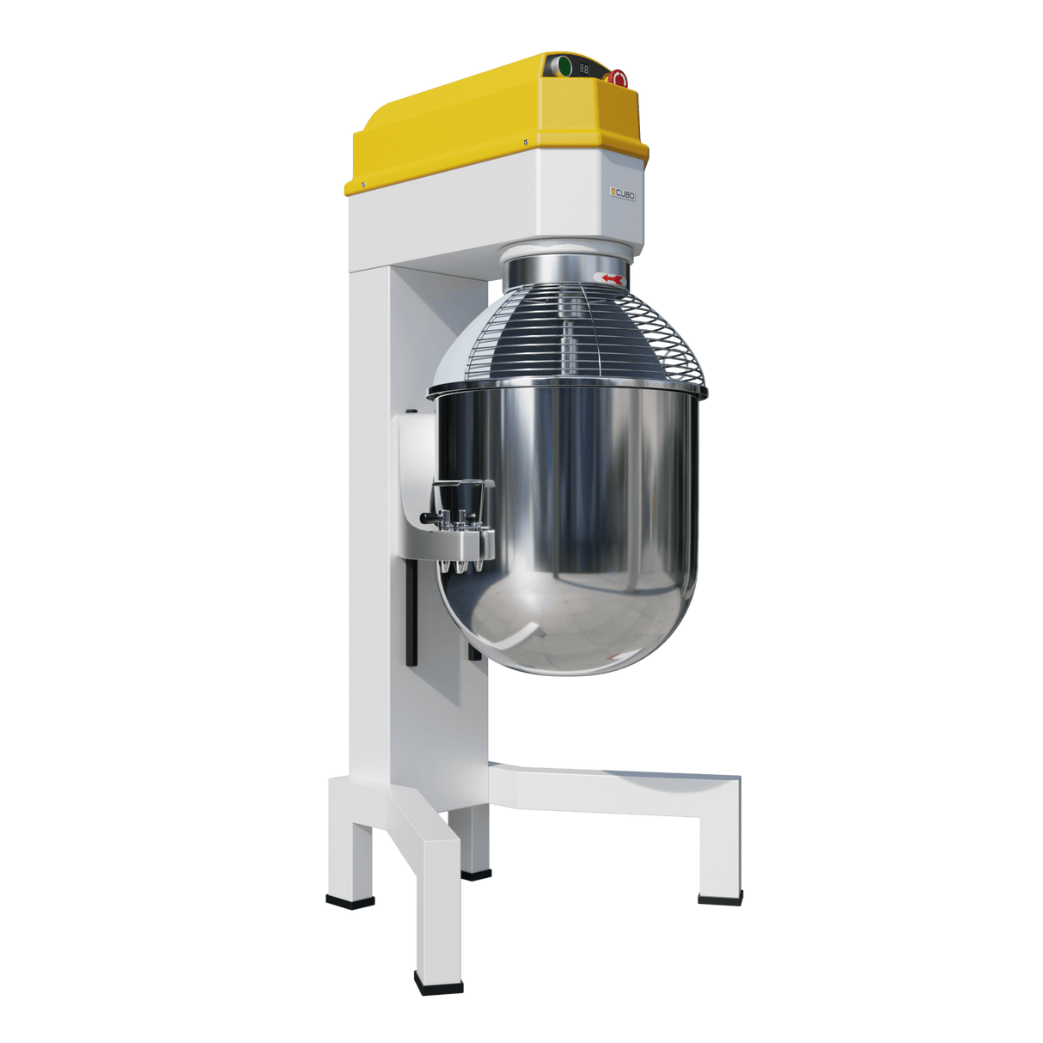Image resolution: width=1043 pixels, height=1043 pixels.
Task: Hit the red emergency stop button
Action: [x=618, y=78]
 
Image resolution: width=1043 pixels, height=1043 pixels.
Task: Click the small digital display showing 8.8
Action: [x=584, y=68]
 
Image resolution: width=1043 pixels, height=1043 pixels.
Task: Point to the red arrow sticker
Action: [x=612, y=278]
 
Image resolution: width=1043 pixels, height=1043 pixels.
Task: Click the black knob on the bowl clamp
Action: [x=427, y=517]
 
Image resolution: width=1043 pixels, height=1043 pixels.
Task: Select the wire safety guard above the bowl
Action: [x=567, y=335]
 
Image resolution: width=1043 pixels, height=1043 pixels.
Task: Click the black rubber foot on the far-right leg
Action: [x=719, y=901]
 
